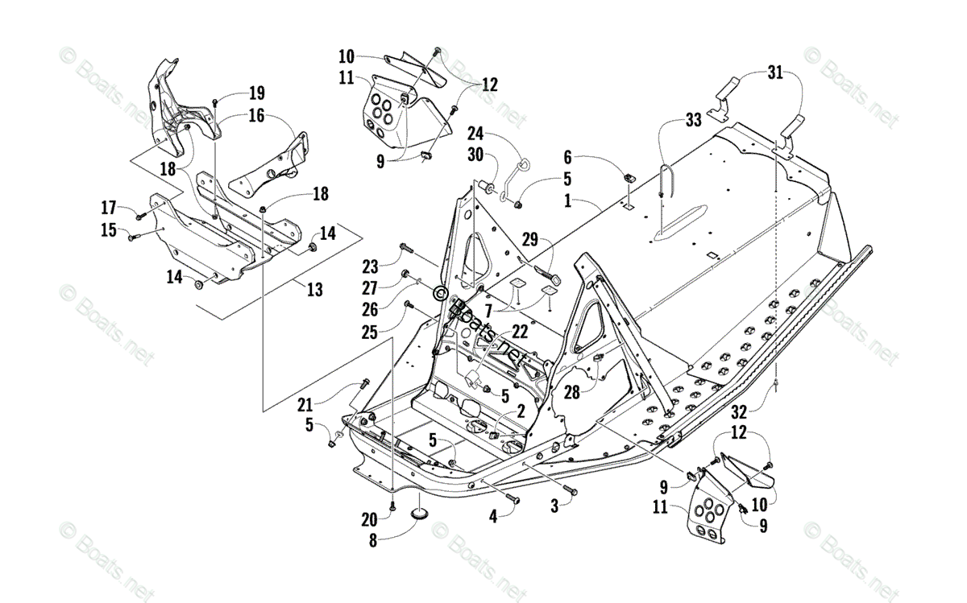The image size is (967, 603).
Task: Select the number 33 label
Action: point(693,120)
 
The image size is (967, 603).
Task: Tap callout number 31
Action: point(774,73)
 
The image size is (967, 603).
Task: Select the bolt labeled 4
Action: point(509,500)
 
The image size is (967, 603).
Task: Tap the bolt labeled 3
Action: point(568,489)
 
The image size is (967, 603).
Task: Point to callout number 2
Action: point(520,411)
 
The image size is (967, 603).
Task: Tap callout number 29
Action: point(529,239)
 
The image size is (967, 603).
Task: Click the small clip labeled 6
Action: point(629,176)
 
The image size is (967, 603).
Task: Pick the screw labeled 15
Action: point(135,237)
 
